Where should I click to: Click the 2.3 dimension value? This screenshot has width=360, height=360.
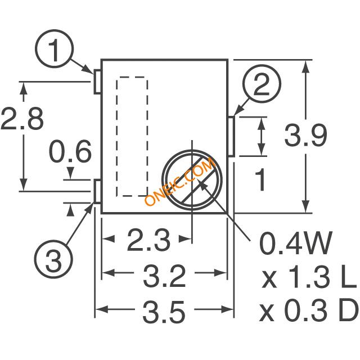pos(148,241)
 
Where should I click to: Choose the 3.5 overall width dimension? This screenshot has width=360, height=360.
pos(165,311)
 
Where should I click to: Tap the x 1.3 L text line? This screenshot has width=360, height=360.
pos(309,277)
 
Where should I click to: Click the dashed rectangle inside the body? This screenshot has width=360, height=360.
pos(132,137)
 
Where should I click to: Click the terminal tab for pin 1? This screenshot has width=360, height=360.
pos(97,81)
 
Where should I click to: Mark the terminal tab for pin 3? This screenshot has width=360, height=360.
pos(97,192)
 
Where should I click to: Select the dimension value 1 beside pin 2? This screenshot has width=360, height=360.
pos(261,180)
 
